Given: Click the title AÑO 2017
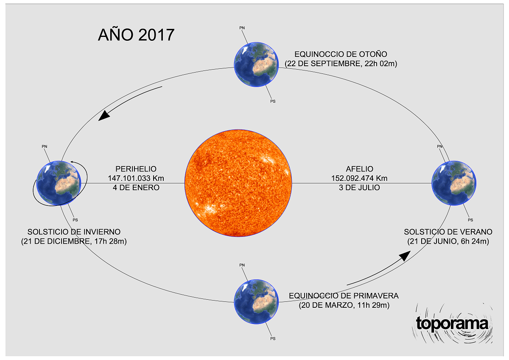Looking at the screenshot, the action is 136,34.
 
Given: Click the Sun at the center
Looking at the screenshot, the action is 238,183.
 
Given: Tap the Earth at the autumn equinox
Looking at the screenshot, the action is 256,65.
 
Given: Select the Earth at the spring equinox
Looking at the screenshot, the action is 256,302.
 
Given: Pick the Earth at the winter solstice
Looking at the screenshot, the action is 59,183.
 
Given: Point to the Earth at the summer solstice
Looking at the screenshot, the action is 454,183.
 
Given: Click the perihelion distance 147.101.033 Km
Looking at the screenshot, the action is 136,178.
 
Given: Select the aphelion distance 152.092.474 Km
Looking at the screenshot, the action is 359,178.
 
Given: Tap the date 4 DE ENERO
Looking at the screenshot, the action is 136,188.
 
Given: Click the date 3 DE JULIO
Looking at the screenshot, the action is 359,188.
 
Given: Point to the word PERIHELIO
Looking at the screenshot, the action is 136,169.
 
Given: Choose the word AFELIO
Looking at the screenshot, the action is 360,169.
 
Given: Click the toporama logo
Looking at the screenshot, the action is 452,323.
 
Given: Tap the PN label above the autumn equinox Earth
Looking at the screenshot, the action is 242,28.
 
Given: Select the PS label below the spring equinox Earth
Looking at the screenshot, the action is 273,339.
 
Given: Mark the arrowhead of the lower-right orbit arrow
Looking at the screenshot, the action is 405,256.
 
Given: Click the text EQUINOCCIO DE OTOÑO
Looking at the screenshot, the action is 341,54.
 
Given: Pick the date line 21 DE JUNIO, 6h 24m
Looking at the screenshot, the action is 448,241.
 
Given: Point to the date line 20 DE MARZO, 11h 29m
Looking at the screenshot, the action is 344,305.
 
